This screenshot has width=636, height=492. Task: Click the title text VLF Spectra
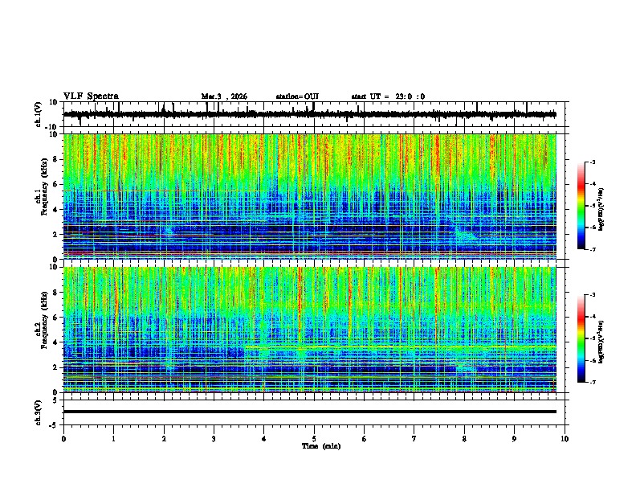[x=91, y=96]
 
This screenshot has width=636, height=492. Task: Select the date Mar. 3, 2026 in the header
[x=224, y=96]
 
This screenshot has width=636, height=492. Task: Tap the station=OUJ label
[x=297, y=96]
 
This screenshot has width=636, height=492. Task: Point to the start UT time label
[x=388, y=96]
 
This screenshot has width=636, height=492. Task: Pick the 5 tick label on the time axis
[x=314, y=438]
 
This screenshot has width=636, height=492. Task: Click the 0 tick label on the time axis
[x=63, y=438]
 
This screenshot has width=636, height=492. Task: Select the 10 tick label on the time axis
[x=565, y=438]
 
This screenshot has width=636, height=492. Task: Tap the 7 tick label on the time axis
[x=414, y=438]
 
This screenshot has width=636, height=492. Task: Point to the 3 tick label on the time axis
[x=214, y=438]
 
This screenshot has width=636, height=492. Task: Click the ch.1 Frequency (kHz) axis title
[x=41, y=197]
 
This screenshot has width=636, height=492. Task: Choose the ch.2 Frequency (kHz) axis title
[x=41, y=330]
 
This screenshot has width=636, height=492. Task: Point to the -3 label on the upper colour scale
[x=591, y=162]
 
